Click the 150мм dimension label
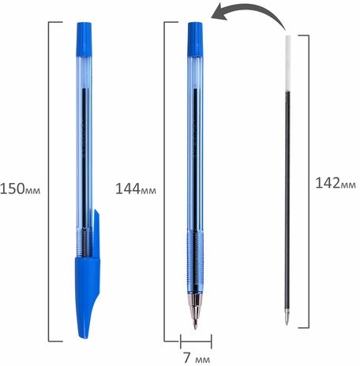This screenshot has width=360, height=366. tap(21, 189)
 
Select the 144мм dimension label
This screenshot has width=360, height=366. tap(136, 189)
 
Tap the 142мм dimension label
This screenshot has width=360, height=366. tap(336, 183)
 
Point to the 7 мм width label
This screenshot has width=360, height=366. tap(197, 358)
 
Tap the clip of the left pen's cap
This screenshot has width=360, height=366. tap(97, 234)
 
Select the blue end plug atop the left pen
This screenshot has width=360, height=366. tap(84, 39)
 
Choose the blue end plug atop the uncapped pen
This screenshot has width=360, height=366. tap(195, 39)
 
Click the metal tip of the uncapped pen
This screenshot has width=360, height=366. tap(195, 311)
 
